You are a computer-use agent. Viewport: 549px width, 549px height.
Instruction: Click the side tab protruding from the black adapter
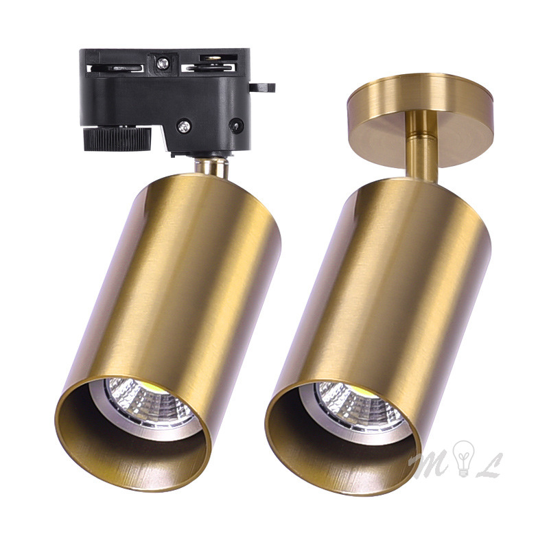(261, 87)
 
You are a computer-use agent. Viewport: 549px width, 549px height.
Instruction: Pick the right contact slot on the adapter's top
(213, 67)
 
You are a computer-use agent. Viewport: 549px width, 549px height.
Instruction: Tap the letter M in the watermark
(430, 463)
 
